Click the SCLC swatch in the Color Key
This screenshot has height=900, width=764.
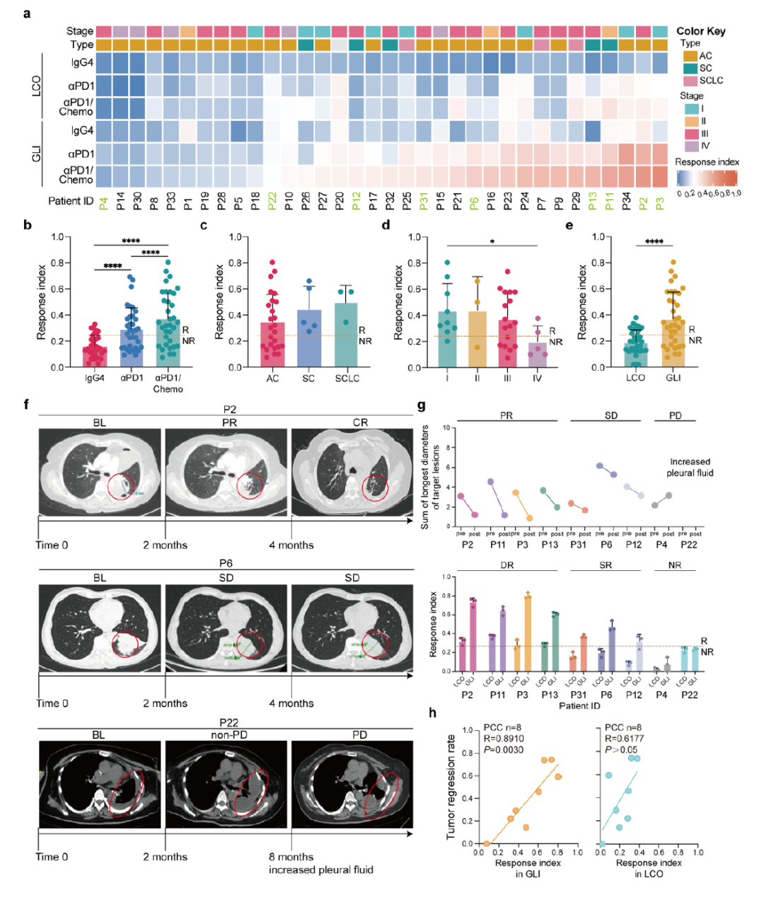point(690,81)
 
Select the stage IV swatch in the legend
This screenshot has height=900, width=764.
point(690,146)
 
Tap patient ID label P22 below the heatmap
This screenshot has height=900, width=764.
point(273,202)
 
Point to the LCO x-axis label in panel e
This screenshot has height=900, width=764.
point(635,378)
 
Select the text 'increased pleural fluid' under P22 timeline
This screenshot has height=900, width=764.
point(320,870)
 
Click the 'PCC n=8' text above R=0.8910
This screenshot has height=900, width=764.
point(503,728)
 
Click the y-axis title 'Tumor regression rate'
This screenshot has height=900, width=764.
point(450,787)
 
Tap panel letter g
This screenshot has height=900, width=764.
point(422,406)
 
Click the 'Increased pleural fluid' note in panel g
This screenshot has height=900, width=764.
point(690,467)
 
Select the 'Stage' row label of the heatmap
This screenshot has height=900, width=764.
point(80,31)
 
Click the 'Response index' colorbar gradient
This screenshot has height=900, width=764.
point(706,178)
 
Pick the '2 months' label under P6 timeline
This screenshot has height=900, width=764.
point(165,703)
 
